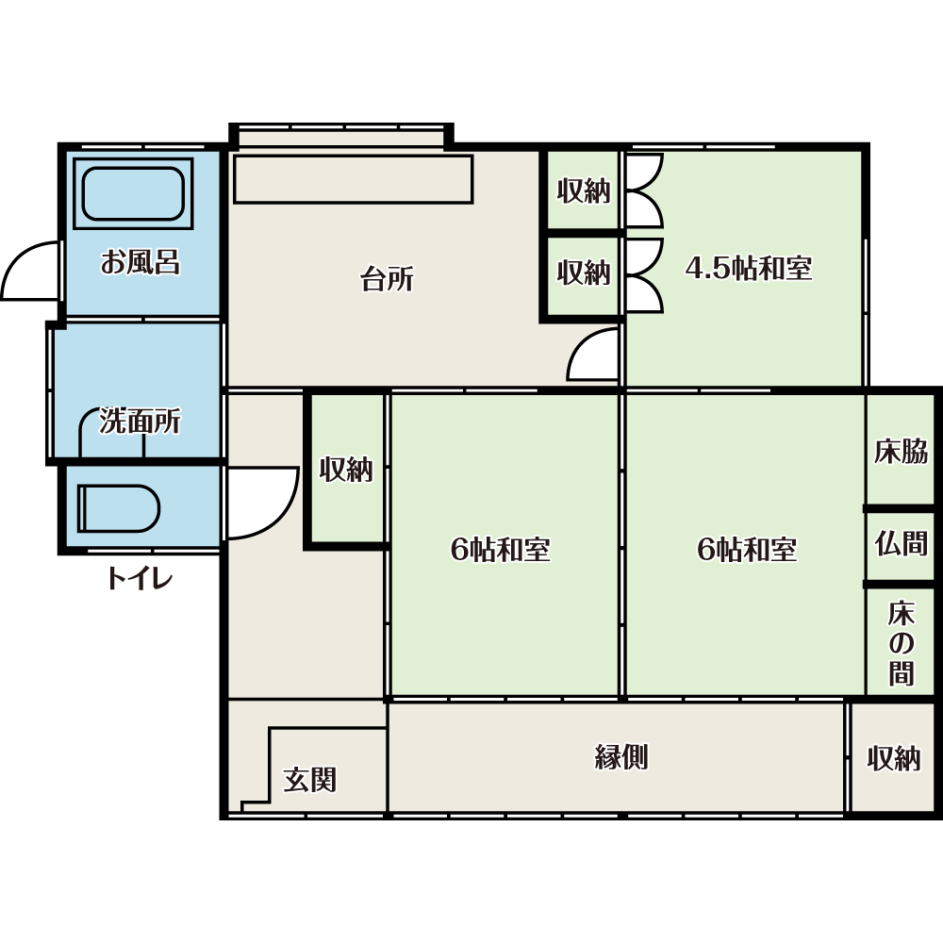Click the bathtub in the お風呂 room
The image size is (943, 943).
coord(133,193)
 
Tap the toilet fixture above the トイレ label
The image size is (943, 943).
coord(119,508)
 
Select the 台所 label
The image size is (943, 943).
coord(387,279)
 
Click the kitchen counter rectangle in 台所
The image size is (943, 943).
coord(353,179)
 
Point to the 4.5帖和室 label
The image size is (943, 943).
coord(749,268)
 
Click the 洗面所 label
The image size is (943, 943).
coord(140,421)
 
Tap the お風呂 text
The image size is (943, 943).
coord(141,262)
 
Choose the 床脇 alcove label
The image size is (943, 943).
coord(901,452)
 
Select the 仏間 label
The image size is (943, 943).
coord(901,543)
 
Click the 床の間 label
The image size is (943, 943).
coord(901,643)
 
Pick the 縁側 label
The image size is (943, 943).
coord(621,756)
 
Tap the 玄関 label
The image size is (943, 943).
coord(309,780)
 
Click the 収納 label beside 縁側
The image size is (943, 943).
coord(894,758)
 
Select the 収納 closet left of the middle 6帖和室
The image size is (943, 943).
coord(346,470)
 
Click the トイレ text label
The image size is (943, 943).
coord(140,579)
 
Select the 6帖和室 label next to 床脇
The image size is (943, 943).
coord(747,549)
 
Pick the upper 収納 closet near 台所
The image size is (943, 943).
coord(584,190)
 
